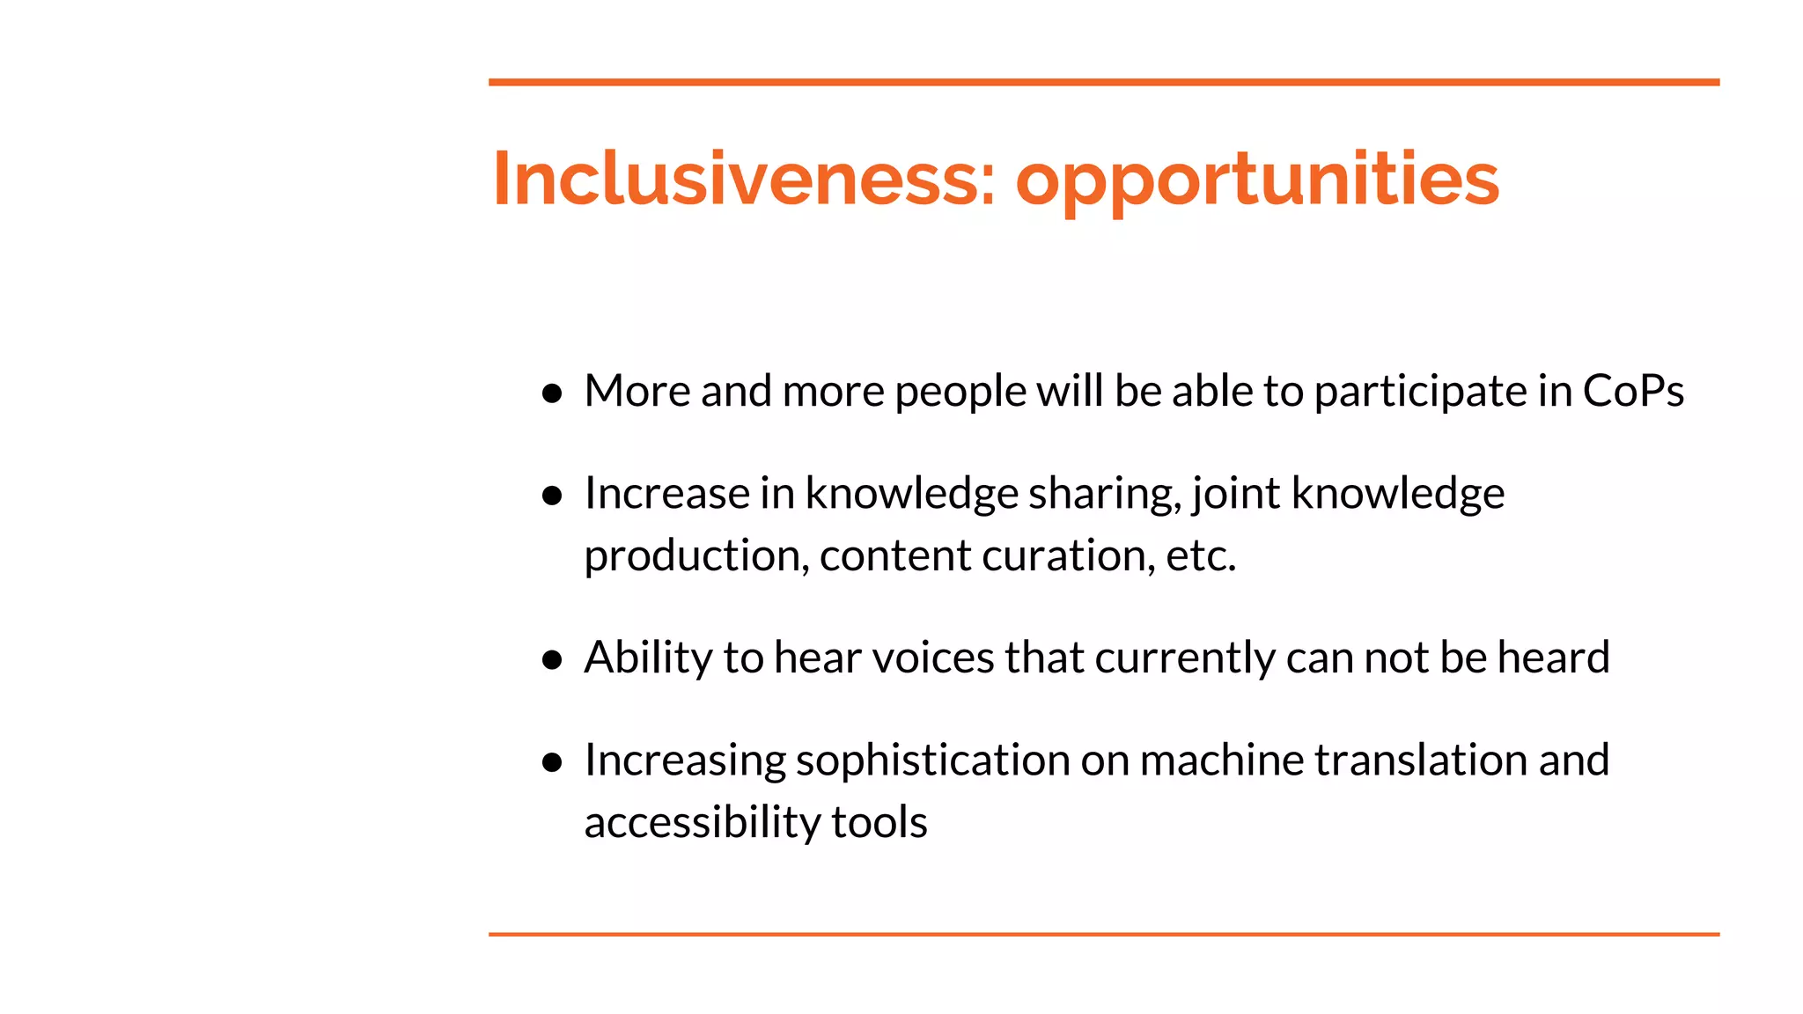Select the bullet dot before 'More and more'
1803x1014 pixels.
coord(552,393)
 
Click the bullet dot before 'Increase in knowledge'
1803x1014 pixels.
coord(552,496)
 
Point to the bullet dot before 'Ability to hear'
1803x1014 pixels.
coord(552,659)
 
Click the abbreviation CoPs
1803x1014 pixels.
coord(1633,391)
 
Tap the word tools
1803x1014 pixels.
coord(879,822)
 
